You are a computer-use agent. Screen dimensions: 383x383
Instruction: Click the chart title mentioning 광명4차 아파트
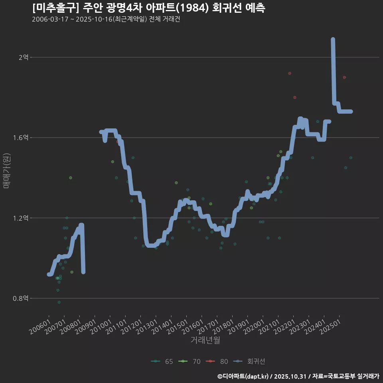148,8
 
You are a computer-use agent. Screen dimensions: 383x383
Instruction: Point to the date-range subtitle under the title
106,19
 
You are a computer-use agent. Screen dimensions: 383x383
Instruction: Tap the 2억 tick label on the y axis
23,57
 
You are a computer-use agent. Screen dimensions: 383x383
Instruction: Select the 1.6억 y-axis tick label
21,138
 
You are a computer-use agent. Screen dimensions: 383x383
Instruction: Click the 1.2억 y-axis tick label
21,218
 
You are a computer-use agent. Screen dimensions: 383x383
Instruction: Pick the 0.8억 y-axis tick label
21,298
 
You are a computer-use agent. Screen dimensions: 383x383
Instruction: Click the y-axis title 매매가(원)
6,170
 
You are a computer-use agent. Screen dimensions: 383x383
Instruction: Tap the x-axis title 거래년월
205,340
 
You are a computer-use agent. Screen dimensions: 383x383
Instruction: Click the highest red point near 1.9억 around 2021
290,73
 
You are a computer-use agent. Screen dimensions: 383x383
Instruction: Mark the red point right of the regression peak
344,77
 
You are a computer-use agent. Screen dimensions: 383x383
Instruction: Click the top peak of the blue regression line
333,39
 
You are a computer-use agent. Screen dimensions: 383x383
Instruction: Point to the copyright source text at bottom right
298,376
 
